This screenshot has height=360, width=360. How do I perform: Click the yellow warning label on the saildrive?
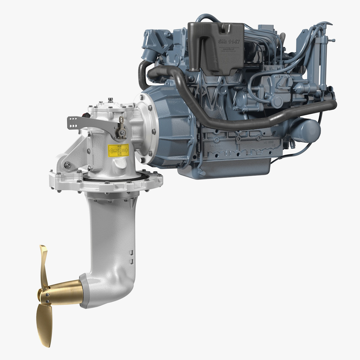pos(118,150)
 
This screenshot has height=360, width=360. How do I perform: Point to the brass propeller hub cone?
pos(63,291)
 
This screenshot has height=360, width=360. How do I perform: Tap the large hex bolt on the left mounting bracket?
pos(67,166)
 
